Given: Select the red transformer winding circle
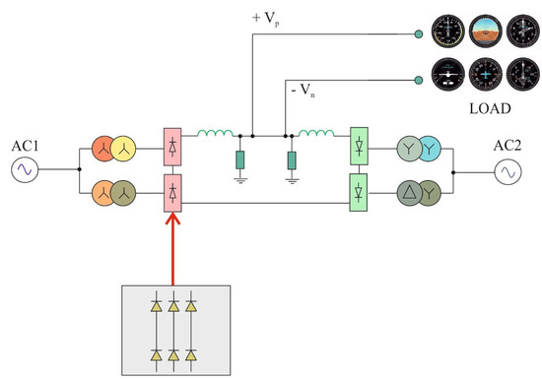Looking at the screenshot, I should coord(104,148).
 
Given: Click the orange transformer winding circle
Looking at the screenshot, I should coord(104,187).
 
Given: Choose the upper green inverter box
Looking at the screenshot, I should coord(360,148).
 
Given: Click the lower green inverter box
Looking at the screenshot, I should coord(360,187).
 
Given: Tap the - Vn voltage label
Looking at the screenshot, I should coord(305,92).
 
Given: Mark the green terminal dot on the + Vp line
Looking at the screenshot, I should coord(418,36).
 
